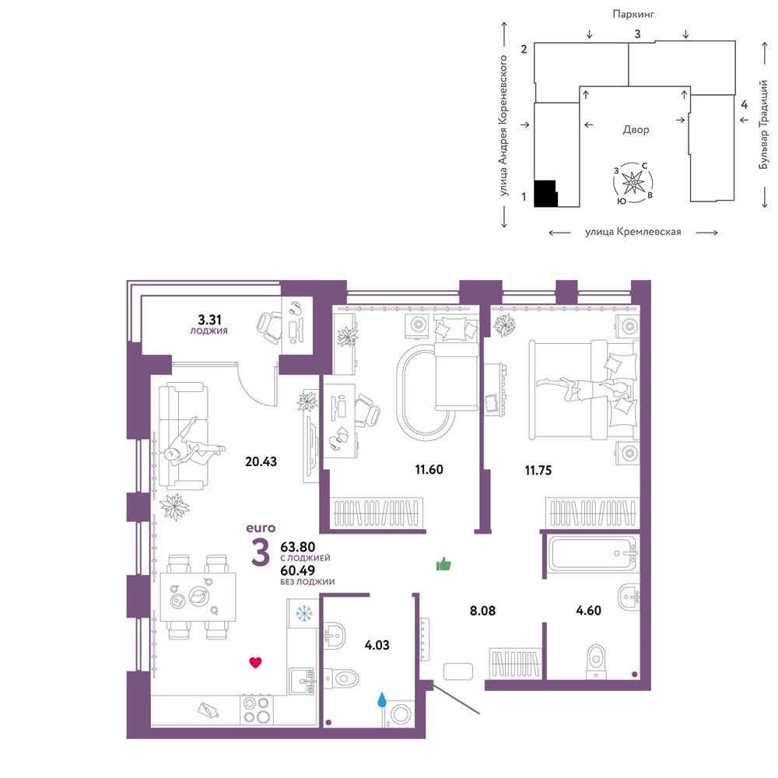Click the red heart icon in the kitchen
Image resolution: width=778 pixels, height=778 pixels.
(x=255, y=662)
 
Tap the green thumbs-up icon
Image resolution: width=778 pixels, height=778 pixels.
(x=443, y=564)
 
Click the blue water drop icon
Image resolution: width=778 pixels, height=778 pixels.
(x=381, y=699)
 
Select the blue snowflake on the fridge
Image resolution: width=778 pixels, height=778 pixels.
(x=303, y=613)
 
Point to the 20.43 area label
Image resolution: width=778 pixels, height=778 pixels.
(x=261, y=461)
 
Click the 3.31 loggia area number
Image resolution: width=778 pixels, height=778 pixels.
(x=209, y=320)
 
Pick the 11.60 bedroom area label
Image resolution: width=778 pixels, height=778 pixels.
(x=429, y=469)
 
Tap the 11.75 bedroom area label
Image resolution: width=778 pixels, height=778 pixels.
(x=538, y=471)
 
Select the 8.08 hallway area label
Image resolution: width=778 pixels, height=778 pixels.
(x=483, y=611)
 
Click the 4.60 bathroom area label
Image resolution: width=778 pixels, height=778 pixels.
(x=588, y=610)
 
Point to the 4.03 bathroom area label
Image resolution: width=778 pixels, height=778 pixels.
(x=377, y=645)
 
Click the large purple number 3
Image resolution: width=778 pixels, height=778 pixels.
(x=261, y=552)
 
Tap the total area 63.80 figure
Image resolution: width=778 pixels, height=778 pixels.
(x=298, y=547)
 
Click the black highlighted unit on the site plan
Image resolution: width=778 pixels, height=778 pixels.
(x=545, y=194)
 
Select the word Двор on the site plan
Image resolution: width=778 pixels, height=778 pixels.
(x=636, y=129)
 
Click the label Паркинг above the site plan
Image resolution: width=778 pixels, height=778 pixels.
(x=633, y=14)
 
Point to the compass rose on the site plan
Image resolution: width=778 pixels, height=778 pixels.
(x=633, y=182)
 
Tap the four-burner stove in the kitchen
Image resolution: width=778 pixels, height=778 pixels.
(x=257, y=710)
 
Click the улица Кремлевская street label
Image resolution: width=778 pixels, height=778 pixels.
(x=633, y=232)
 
